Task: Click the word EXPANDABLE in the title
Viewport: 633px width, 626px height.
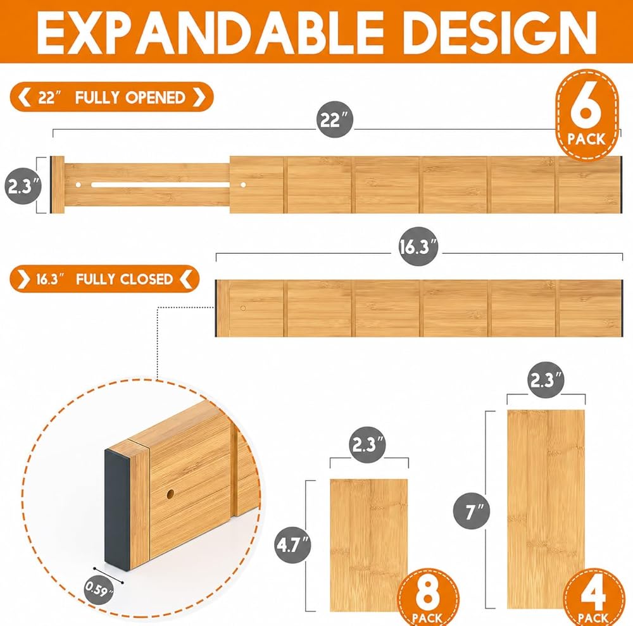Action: [210, 32]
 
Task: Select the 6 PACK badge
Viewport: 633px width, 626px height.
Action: [587, 115]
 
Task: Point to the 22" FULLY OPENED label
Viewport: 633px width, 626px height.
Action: [111, 97]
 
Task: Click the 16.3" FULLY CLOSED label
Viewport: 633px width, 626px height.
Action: [104, 279]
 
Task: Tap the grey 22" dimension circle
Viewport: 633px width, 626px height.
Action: [335, 120]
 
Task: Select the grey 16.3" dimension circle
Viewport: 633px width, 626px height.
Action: [418, 246]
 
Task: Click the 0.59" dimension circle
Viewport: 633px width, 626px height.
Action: [99, 590]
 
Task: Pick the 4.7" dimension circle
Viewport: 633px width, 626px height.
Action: [293, 545]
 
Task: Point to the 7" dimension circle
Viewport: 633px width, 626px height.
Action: [472, 511]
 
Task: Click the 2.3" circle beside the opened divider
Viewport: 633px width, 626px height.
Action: [23, 185]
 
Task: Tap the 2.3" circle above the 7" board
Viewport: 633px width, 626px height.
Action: [546, 380]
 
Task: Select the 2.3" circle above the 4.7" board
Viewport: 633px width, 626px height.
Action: [367, 445]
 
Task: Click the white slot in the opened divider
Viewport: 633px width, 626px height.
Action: [161, 185]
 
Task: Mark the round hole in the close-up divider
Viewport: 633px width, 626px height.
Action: [170, 494]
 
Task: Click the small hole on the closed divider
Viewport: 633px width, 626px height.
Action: [243, 308]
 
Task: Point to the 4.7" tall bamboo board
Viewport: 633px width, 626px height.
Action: [368, 545]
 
